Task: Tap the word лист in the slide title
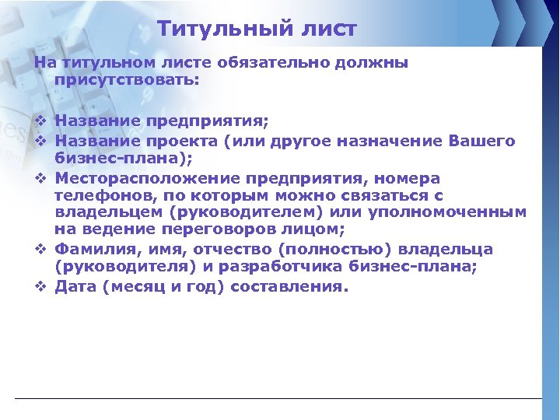(x=327, y=30)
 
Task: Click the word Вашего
(x=482, y=141)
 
